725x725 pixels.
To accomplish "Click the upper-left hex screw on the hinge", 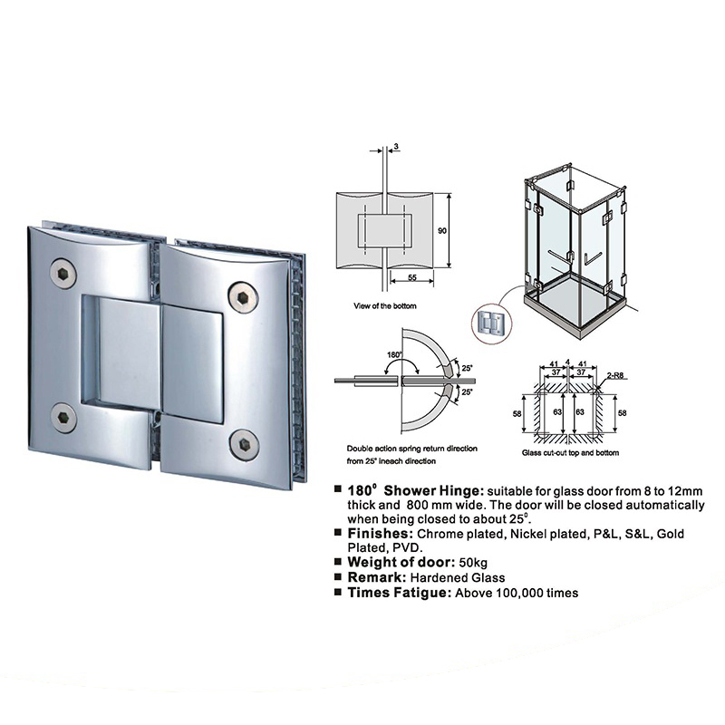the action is click(x=63, y=275).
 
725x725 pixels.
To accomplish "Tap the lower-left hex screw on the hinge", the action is click(x=63, y=418).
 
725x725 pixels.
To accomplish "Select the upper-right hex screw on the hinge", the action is click(x=243, y=296).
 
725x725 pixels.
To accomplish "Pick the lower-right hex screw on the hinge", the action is click(x=245, y=444).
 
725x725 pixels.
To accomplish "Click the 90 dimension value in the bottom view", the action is click(x=442, y=230).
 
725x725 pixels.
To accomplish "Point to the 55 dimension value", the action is click(x=412, y=277).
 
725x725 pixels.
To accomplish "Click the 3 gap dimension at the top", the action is click(x=396, y=147).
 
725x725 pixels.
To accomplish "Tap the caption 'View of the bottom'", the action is click(x=384, y=305).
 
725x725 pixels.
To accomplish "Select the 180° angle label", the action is click(x=394, y=354).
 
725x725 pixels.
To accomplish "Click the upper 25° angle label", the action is click(x=467, y=368).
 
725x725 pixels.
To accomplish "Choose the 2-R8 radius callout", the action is click(x=617, y=376).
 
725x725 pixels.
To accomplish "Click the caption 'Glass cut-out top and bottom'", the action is click(x=570, y=452).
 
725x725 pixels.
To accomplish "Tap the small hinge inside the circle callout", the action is click(x=491, y=323).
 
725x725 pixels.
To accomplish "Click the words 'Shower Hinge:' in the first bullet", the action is click(x=434, y=490).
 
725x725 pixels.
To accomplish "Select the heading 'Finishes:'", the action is click(x=380, y=533).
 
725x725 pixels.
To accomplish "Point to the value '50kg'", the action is click(x=473, y=562).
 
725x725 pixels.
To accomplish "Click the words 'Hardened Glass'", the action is click(x=458, y=577).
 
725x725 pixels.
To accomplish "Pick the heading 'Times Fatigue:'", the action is click(x=400, y=593).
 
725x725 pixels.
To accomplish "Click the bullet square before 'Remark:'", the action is click(x=338, y=576).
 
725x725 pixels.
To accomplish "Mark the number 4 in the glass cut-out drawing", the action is click(x=567, y=362).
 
